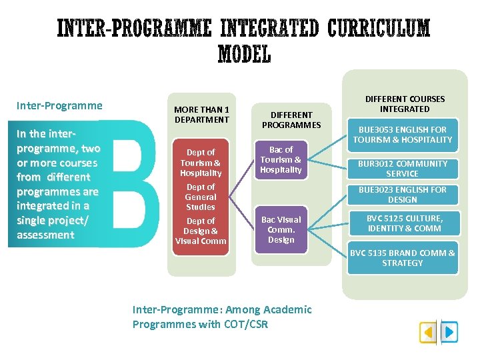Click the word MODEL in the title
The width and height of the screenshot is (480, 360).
pos(244,54)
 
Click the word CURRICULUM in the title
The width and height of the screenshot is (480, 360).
pos(379,29)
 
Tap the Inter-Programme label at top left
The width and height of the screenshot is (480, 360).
pos(59,105)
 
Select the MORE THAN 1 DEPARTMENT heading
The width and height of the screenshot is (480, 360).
pos(201,115)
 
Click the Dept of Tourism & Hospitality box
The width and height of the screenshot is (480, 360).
pos(201,163)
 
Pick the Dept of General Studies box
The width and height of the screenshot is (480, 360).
pos(201,197)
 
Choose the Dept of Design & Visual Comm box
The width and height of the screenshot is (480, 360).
pos(201,231)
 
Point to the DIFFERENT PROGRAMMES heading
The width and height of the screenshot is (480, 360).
pos(291,120)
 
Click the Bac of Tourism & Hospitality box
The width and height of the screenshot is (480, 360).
pos(281,160)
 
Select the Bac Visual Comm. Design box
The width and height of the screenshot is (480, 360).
pos(281,229)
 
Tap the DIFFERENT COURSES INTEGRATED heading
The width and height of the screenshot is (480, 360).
pos(405,104)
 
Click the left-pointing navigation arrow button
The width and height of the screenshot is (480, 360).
pos(429,331)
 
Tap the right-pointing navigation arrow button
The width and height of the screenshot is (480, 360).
pos(449,331)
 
